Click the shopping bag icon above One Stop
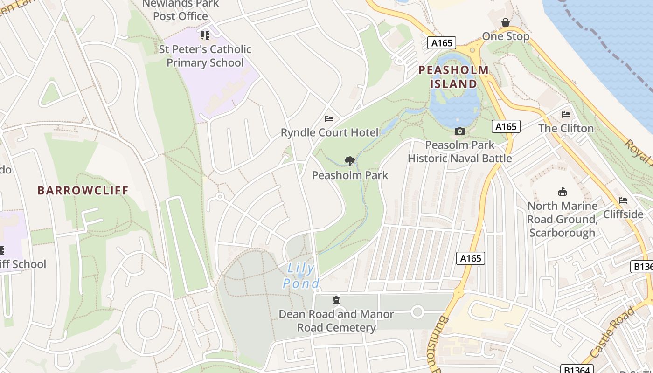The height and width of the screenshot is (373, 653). (x=505, y=23)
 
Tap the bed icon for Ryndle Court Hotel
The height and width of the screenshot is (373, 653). (x=329, y=119)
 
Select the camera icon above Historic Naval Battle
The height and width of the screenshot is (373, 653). (x=459, y=131)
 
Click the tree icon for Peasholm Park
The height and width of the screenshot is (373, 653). (x=350, y=161)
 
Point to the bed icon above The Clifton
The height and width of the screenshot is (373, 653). (x=566, y=115)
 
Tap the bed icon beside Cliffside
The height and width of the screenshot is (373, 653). (x=623, y=200)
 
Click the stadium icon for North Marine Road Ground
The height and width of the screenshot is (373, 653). (x=562, y=192)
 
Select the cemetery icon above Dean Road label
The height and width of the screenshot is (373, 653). (x=336, y=300)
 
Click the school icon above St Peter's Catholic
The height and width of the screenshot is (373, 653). (x=205, y=35)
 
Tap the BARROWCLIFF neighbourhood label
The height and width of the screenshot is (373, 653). (x=83, y=191)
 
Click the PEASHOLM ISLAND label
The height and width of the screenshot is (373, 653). (x=453, y=77)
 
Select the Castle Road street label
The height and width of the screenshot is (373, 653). (x=611, y=332)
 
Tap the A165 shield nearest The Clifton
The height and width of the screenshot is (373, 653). (x=506, y=126)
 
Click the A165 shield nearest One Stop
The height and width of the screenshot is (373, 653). (x=441, y=43)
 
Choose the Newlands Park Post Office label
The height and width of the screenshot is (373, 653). (x=181, y=10)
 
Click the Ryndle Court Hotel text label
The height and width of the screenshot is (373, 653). (x=329, y=133)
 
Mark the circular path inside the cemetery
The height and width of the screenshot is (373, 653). (x=417, y=311)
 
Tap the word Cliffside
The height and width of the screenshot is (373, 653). (x=623, y=214)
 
